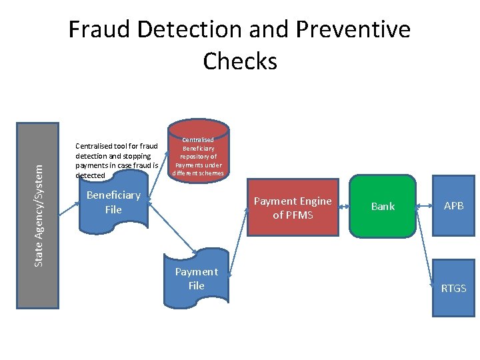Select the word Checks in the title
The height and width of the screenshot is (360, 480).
coord(240,61)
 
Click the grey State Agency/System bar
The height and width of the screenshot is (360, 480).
coord(37,215)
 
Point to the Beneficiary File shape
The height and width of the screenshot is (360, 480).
coord(113,203)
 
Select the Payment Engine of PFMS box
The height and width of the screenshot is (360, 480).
coord(293,207)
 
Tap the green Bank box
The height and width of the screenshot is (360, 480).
coord(383,207)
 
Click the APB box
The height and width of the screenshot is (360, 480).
coord(454,206)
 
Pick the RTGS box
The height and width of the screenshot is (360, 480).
coord(453,288)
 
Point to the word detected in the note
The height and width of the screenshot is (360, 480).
coord(91,175)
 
